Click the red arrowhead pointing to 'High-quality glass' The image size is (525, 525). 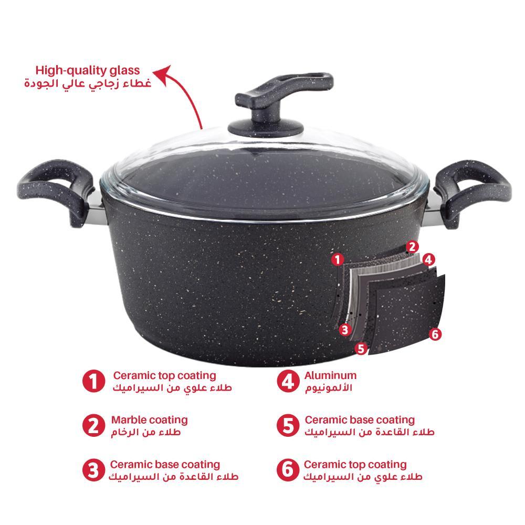point(163,75)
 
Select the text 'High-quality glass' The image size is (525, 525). point(88,70)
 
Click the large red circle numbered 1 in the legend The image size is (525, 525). point(94,381)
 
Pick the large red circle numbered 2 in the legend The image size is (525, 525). point(94,426)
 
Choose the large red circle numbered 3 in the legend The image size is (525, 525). point(94,470)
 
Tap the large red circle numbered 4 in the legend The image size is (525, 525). point(288,381)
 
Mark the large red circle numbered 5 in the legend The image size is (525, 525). point(288,426)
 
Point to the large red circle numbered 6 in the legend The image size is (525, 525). point(288,470)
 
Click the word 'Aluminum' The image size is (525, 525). point(330,375)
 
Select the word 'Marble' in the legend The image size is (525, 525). point(129,420)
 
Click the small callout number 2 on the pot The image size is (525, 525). point(412,247)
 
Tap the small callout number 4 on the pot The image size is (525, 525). point(428,259)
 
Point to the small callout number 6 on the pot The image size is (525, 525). point(435,334)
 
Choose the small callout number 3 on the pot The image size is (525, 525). point(345,330)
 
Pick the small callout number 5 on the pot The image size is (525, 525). point(361,349)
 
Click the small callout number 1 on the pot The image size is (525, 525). point(338,259)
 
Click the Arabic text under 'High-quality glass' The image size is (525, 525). point(88,83)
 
